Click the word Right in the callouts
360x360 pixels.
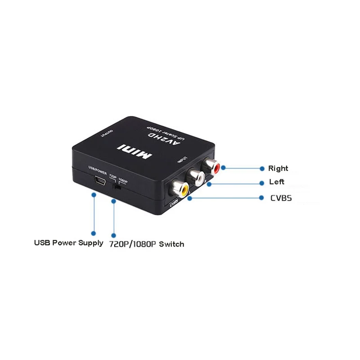pos(278,168)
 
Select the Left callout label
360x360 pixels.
pos(276,182)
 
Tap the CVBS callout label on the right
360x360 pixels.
pos(281,198)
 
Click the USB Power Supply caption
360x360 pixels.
pos(69,243)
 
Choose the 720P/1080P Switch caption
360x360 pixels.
pos(147,244)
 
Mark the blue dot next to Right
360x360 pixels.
pos(262,168)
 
